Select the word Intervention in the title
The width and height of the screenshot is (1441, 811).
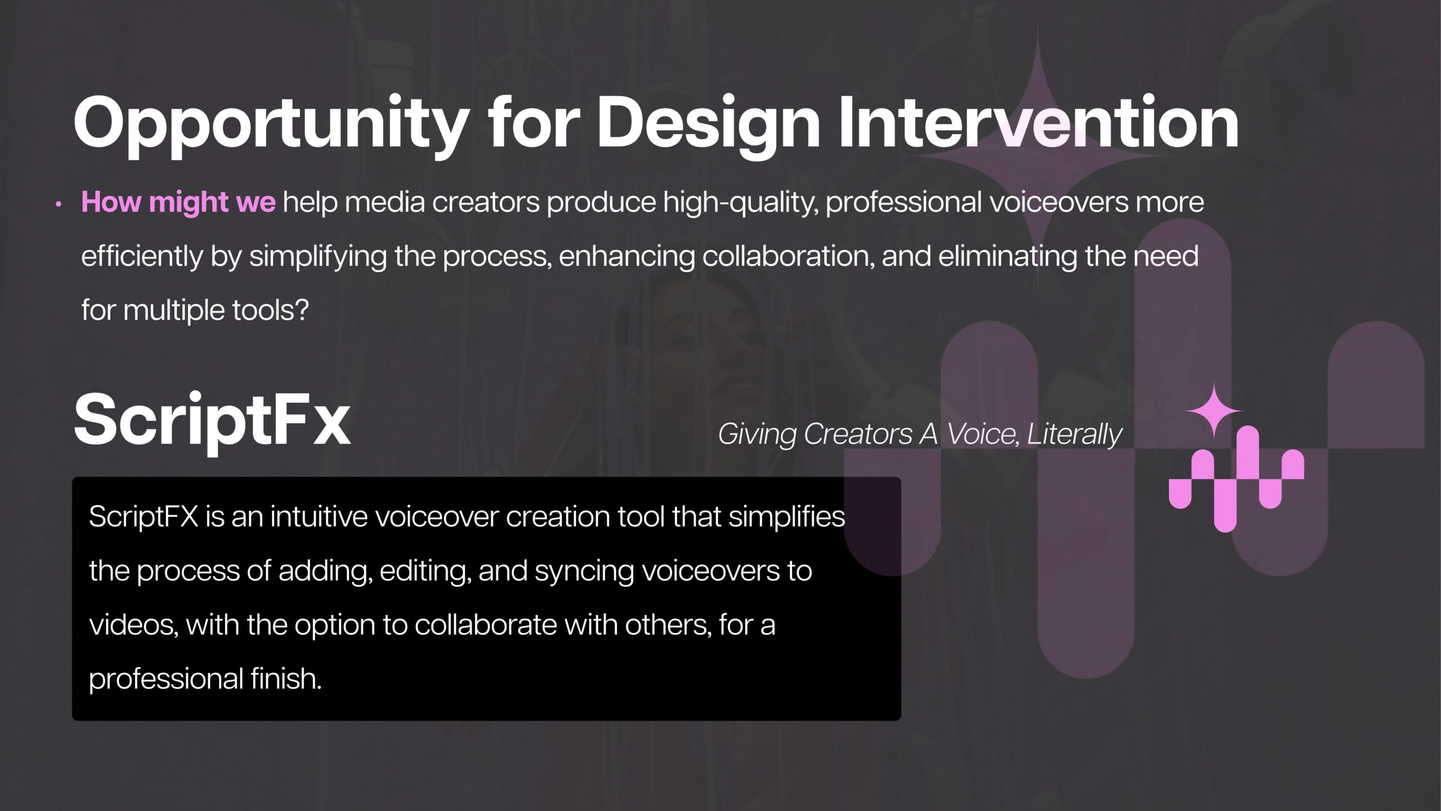tap(1038, 122)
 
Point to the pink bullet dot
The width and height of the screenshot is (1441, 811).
tap(58, 205)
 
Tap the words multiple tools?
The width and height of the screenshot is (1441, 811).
tap(216, 310)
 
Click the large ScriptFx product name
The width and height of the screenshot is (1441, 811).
tap(212, 422)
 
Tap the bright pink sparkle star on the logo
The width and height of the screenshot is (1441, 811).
tap(1214, 412)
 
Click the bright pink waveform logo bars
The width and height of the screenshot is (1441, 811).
tap(1237, 479)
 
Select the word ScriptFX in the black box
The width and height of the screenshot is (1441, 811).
tap(144, 516)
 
